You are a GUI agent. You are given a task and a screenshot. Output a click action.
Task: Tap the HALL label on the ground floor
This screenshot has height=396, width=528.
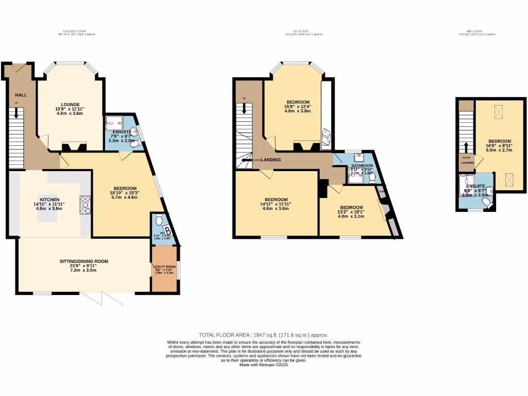click(x=21, y=95)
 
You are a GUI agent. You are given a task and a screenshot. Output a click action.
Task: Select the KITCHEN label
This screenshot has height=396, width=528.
click(x=50, y=200)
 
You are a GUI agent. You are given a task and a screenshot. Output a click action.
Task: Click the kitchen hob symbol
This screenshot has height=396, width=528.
click(x=85, y=205)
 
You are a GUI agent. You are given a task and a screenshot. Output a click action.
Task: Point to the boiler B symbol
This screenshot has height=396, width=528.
click(x=167, y=230)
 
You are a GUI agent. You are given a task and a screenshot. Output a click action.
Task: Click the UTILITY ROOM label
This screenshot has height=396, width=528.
click(x=164, y=267)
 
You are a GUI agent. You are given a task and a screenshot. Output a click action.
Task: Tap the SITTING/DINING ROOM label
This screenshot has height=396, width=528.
click(x=84, y=261)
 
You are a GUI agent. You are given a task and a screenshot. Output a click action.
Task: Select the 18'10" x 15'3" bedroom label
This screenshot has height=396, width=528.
click(x=125, y=188)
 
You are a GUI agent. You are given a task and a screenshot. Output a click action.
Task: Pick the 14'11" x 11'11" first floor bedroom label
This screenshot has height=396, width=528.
click(x=276, y=200)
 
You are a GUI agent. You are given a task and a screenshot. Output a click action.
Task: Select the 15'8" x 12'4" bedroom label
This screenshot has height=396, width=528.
click(x=298, y=102)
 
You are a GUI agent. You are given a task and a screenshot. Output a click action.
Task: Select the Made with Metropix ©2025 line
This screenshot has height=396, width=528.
click(x=263, y=365)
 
